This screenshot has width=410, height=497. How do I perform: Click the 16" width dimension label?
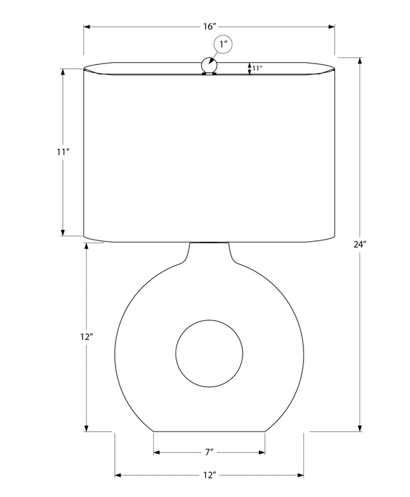point(210,27)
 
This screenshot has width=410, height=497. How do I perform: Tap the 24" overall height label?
point(360,244)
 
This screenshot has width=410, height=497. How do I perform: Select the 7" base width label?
point(209,452)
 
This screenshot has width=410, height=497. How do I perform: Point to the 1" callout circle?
point(223,44)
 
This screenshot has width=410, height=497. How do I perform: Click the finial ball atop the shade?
point(209,66)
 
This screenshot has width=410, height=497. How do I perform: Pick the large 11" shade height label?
point(63,152)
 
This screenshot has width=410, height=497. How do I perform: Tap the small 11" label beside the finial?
point(258,68)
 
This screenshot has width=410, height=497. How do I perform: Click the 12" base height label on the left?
point(86,337)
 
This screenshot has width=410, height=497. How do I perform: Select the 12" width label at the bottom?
point(210,475)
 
